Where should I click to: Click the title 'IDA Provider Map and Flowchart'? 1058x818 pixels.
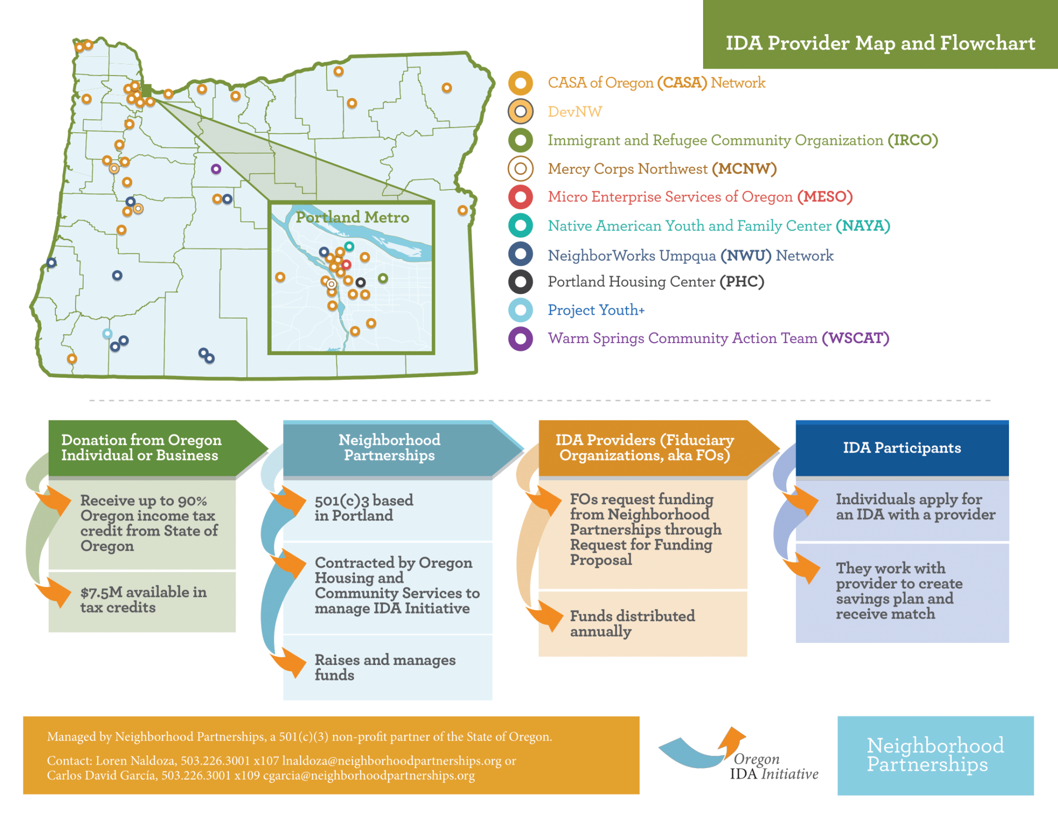tap(880, 43)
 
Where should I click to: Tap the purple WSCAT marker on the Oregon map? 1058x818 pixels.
tap(216, 169)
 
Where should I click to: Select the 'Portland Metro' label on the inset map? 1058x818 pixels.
tap(352, 218)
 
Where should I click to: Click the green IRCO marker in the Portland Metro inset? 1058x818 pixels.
tap(383, 279)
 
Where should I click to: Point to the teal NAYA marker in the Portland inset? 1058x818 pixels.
tap(349, 246)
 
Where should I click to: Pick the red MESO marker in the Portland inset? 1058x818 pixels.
tap(346, 265)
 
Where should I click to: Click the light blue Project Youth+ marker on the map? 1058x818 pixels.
tap(107, 334)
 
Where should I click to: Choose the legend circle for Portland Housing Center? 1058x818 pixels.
tap(520, 282)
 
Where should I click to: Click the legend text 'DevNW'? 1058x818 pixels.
tap(574, 112)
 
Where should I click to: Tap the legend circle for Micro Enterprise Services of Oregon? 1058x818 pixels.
tap(520, 197)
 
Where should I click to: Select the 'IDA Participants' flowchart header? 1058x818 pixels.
tap(901, 448)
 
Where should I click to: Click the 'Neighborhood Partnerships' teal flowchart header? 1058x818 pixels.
tap(390, 447)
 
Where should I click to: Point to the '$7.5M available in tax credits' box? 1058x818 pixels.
tap(143, 600)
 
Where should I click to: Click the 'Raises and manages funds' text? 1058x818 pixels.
tap(385, 667)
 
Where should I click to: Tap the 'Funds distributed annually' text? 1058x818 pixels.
tap(632, 623)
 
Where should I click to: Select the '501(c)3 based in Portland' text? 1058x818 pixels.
tap(364, 507)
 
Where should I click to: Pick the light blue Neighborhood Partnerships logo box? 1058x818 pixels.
tap(935, 755)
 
